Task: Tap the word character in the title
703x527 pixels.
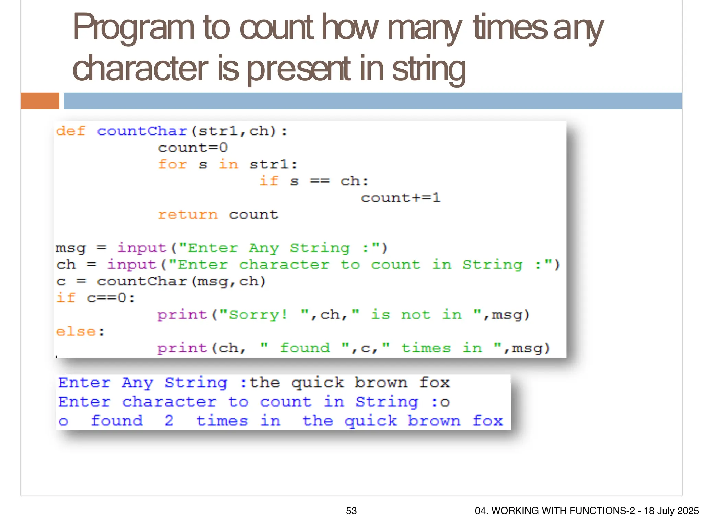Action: point(140,69)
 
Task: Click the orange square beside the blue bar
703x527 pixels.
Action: point(40,101)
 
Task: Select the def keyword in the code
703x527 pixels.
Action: point(71,131)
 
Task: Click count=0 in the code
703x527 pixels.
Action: point(193,148)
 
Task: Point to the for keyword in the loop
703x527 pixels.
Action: point(172,164)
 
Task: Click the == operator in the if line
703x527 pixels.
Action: point(320,181)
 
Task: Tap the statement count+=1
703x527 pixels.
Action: point(400,198)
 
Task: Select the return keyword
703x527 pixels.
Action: point(188,215)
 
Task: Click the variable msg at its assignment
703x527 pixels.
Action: point(70,248)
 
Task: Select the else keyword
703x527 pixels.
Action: point(76,331)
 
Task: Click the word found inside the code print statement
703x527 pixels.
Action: point(305,348)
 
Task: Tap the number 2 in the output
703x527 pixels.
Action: point(169,421)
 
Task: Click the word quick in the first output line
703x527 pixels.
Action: point(318,383)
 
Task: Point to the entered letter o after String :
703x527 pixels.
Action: point(445,402)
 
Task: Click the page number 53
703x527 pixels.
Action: point(351,511)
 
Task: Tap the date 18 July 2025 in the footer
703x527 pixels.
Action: point(671,511)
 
